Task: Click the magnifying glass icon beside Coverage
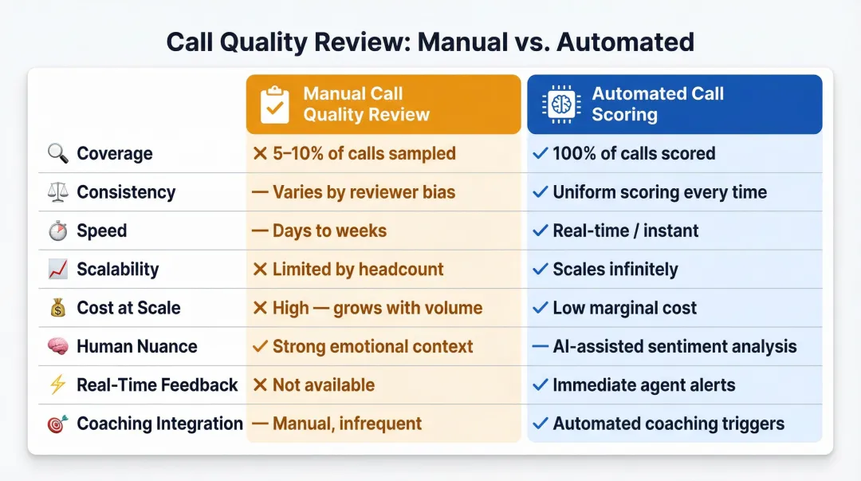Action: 58,154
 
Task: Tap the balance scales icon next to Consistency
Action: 58,192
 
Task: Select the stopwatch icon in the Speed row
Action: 58,231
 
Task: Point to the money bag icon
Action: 58,308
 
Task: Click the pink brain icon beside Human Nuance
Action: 58,347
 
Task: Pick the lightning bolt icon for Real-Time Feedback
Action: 58,385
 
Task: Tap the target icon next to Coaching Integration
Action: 58,424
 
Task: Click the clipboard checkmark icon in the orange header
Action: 275,104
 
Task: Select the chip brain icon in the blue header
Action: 558,104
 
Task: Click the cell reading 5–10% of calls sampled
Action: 364,154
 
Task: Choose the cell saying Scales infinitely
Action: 615,270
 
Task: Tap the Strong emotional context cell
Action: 372,347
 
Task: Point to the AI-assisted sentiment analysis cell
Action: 674,347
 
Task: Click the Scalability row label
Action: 117,270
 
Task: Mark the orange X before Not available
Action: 259,385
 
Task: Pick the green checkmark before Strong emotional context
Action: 259,347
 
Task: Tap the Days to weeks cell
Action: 329,231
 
